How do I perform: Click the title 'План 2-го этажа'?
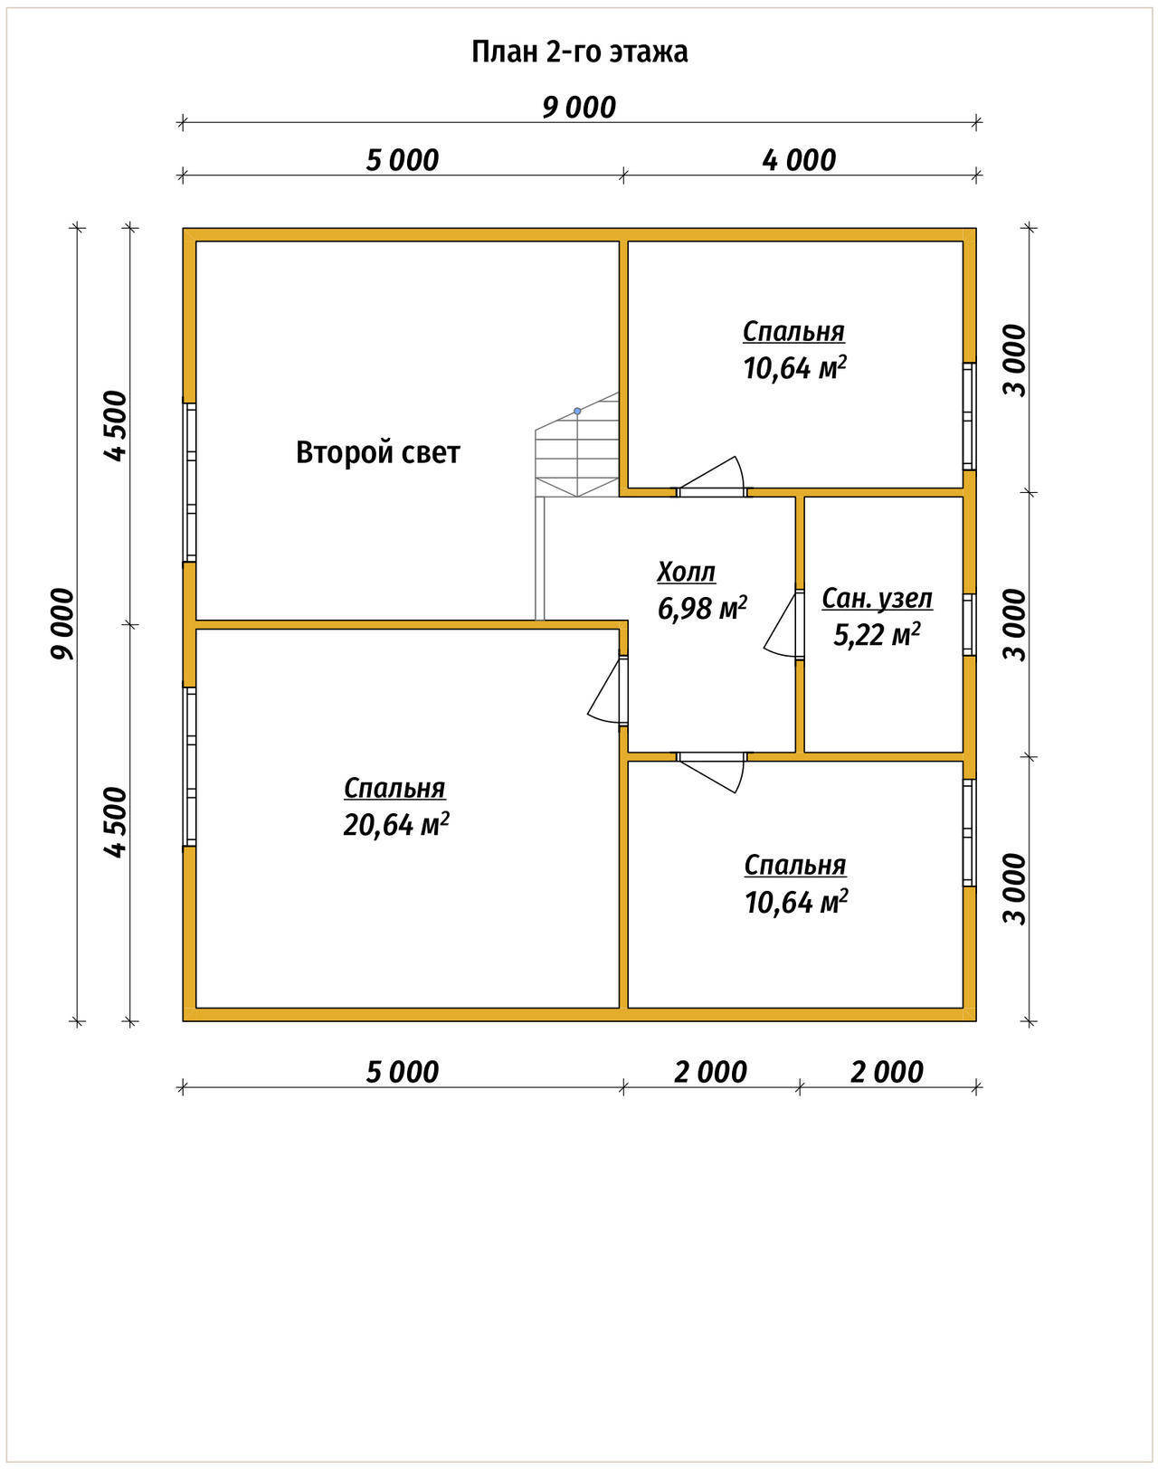click(579, 52)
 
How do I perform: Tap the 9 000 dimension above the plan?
click(579, 107)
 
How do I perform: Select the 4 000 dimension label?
click(799, 160)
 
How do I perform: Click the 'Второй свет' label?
click(377, 452)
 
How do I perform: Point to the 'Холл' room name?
click(686, 572)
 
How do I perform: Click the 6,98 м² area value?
click(702, 608)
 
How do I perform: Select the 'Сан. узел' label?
click(877, 599)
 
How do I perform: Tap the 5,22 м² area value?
click(877, 634)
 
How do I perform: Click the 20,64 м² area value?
click(396, 825)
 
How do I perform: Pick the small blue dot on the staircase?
click(577, 411)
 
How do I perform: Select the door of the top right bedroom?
click(711, 477)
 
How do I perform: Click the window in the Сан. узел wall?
click(969, 625)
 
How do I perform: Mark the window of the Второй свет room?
click(191, 483)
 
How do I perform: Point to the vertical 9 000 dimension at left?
click(62, 623)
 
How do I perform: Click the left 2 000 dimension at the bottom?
click(710, 1072)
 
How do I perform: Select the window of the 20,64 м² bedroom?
click(191, 766)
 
